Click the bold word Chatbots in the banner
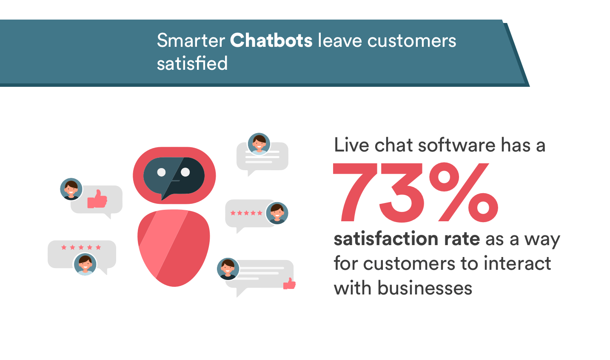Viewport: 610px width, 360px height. [x=271, y=40]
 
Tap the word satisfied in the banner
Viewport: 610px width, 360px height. [x=192, y=63]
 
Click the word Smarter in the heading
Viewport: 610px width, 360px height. [x=191, y=40]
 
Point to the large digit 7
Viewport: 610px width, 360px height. [x=355, y=192]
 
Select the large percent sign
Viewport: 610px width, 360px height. [x=464, y=192]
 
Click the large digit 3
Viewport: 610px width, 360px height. [x=401, y=192]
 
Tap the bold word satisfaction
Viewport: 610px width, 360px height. [x=385, y=239]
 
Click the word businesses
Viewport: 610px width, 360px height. [x=425, y=288]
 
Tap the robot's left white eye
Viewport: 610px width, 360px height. [x=162, y=172]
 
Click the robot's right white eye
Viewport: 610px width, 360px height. [x=185, y=172]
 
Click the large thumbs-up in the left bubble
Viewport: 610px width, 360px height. [x=97, y=199]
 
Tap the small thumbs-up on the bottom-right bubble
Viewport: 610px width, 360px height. [x=289, y=283]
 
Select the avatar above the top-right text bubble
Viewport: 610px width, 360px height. [x=259, y=144]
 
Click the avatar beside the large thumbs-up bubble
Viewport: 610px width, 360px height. [x=71, y=189]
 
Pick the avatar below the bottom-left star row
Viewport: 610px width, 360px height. [x=85, y=264]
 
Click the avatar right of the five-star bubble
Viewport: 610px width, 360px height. [x=277, y=213]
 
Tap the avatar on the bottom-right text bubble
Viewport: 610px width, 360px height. [x=228, y=269]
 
